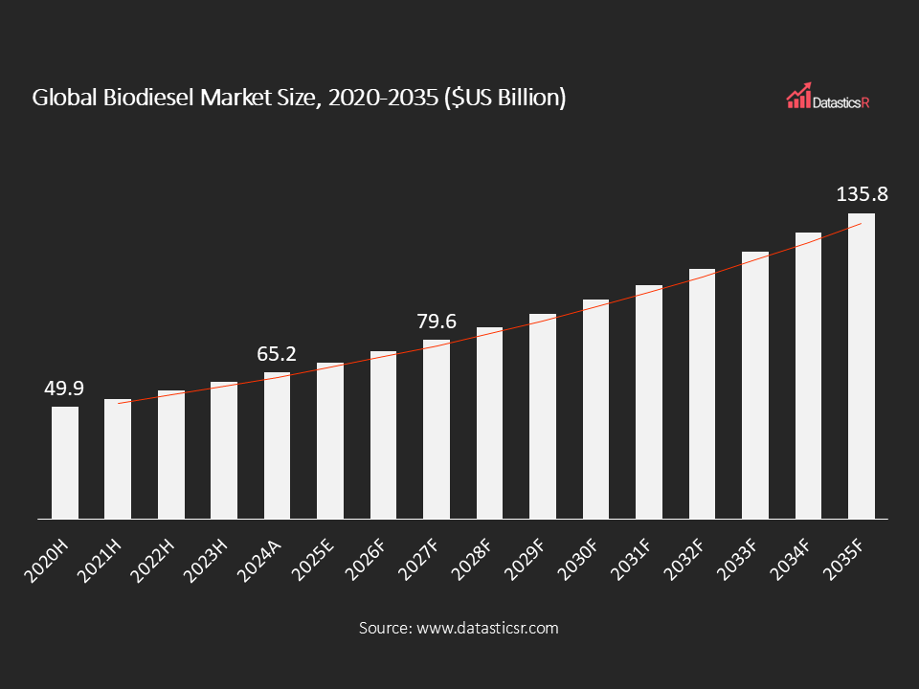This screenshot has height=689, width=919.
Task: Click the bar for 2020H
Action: (65, 463)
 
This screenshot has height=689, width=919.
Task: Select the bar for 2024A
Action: (277, 446)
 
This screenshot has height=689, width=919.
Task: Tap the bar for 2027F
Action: (437, 430)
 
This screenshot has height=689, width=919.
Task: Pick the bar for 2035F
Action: (862, 367)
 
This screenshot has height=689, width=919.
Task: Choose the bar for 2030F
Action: (595, 410)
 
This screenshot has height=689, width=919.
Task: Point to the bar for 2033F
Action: (755, 386)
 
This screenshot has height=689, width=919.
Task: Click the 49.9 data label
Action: (64, 388)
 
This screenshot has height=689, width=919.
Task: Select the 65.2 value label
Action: (277, 354)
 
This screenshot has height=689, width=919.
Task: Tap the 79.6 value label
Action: (437, 322)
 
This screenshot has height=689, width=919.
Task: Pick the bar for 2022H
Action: (170, 455)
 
